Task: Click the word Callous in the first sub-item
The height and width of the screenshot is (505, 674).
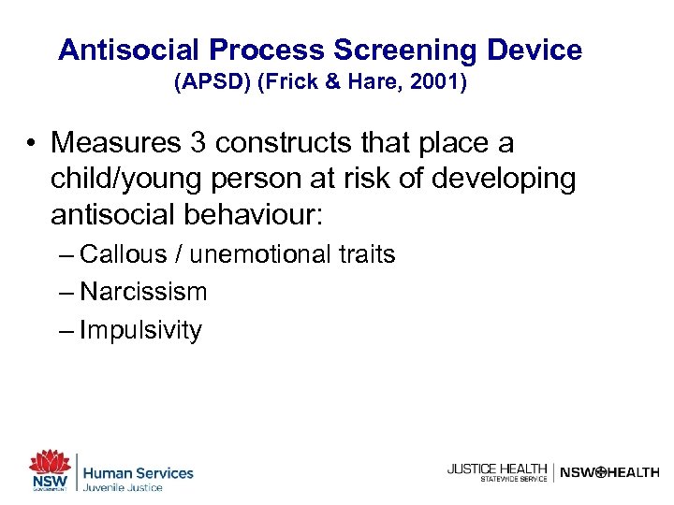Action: pos(124,254)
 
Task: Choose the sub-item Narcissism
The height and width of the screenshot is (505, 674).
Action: pos(143,292)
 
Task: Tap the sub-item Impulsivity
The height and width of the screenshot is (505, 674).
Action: pos(140,330)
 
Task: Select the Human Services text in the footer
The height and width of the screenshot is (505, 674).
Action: pos(139,473)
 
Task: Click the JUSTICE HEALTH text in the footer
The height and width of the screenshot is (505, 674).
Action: pos(496,469)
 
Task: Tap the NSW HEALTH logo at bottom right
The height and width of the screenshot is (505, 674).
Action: pos(608,472)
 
